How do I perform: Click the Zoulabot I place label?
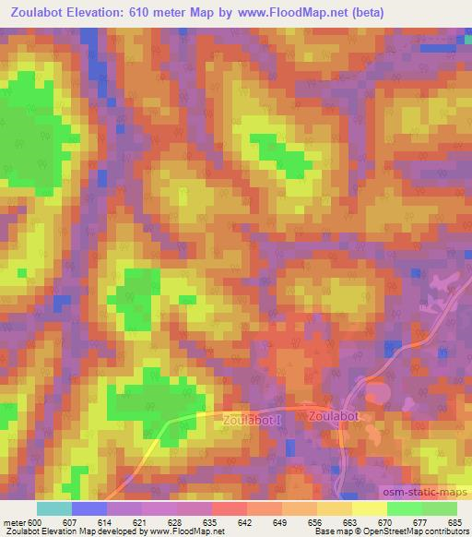(252, 420)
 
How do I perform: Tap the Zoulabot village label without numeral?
(332, 415)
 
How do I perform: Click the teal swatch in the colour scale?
(54, 508)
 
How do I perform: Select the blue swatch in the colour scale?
(89, 508)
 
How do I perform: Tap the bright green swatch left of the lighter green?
(404, 508)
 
